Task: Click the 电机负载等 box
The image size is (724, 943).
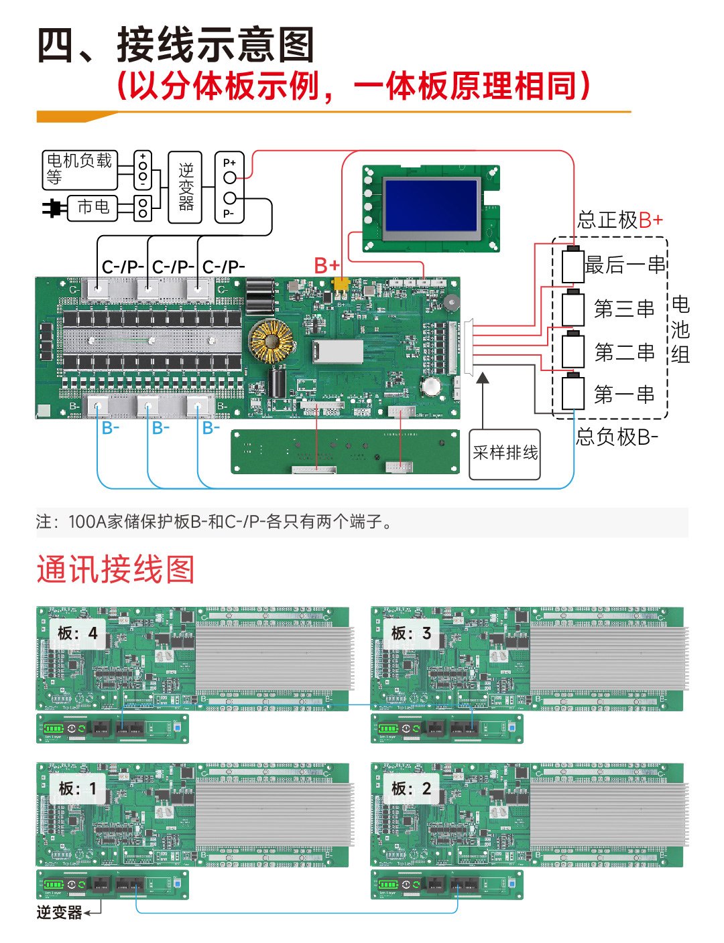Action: tap(79, 169)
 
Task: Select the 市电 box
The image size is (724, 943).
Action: tap(93, 207)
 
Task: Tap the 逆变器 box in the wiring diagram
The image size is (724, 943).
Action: tap(186, 187)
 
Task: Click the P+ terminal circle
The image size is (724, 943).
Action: tap(230, 177)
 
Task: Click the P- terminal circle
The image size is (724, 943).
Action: tap(230, 198)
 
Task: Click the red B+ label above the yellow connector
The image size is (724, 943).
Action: tap(327, 266)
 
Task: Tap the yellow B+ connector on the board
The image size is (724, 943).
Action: tap(341, 285)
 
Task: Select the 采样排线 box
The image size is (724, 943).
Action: tap(505, 454)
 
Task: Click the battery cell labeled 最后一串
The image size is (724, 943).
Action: tap(573, 265)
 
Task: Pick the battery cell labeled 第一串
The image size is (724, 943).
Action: tap(573, 393)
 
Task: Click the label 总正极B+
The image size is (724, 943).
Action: tap(620, 220)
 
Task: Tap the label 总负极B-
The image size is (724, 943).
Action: tap(617, 437)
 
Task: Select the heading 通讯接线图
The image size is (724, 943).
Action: tap(115, 570)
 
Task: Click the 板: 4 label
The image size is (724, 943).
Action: tap(77, 633)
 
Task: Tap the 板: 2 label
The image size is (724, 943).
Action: tap(411, 789)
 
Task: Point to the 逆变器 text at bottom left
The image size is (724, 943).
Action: tap(59, 912)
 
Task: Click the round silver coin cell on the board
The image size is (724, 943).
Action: tap(430, 386)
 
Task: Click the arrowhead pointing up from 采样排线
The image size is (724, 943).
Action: tap(482, 378)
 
